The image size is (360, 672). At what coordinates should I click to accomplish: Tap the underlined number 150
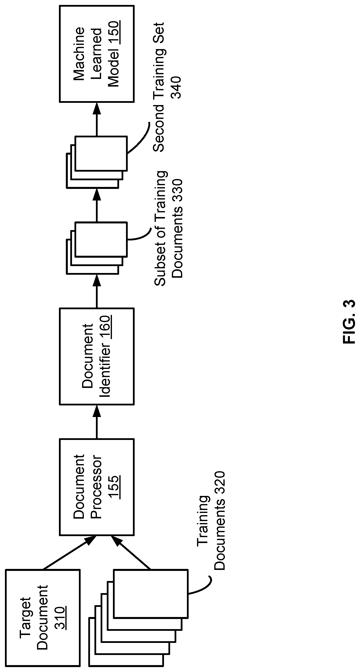[x=114, y=33]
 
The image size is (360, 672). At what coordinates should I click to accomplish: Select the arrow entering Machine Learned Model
[x=97, y=119]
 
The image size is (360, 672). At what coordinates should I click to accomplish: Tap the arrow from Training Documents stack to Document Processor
[x=132, y=552]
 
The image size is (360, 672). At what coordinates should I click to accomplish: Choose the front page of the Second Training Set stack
[x=101, y=153]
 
